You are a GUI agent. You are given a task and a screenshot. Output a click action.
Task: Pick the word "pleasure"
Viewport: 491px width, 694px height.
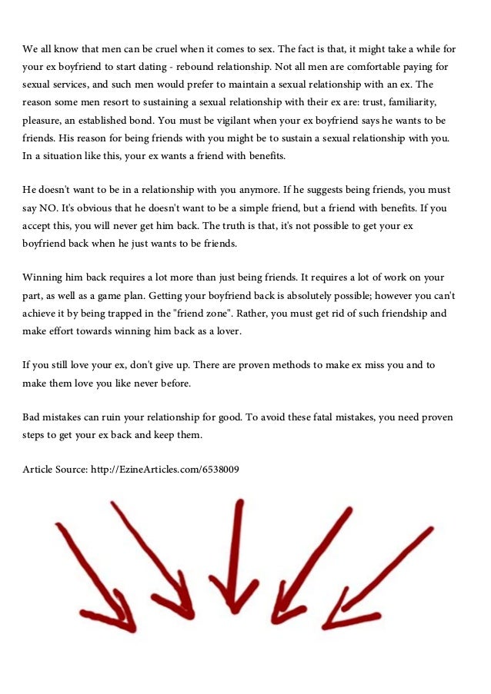tap(43, 121)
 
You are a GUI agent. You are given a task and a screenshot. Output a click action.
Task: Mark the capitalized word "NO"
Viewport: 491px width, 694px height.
tap(50, 208)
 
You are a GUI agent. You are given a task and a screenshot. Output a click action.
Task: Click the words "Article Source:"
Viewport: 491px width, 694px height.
tap(55, 468)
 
